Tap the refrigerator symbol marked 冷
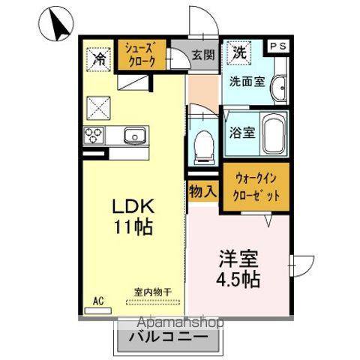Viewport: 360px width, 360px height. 99,57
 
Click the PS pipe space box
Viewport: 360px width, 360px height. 277,46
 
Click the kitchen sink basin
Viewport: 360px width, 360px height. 133,136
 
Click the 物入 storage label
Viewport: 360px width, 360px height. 202,190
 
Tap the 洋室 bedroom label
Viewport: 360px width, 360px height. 240,259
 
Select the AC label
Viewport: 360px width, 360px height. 97,301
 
